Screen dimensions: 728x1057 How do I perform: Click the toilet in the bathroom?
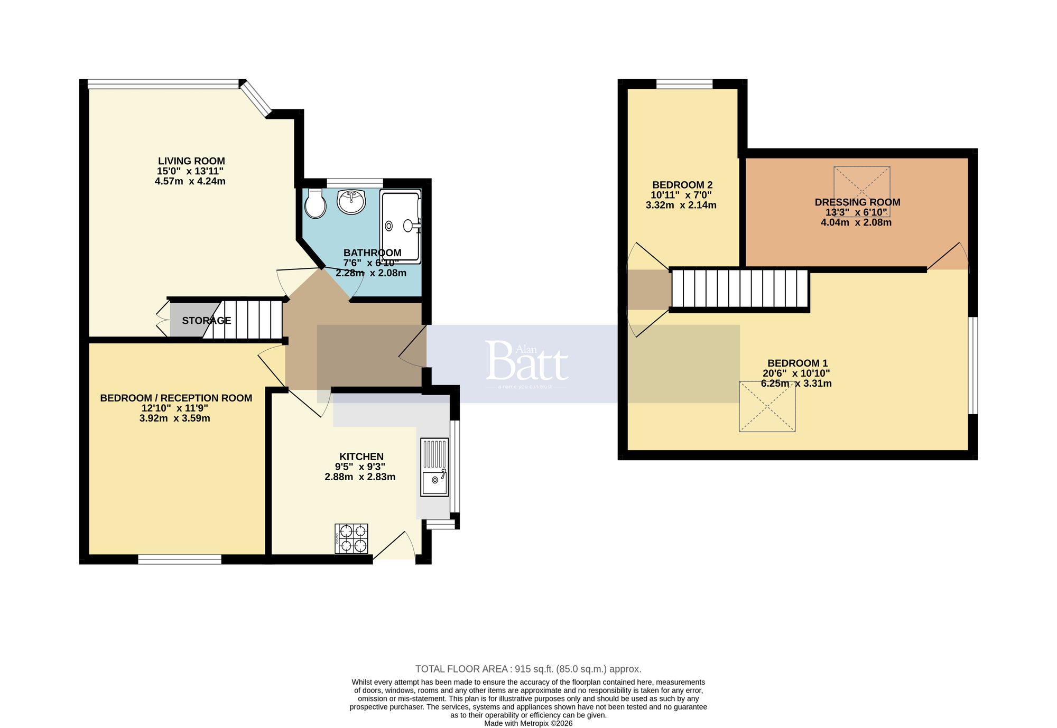(x=316, y=204)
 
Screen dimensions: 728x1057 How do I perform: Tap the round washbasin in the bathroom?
(x=351, y=201)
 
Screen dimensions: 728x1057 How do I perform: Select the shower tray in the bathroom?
(x=401, y=226)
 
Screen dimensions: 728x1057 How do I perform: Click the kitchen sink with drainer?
(x=434, y=467)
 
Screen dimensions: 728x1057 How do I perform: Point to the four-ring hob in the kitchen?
(x=351, y=538)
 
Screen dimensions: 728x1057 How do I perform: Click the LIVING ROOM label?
(x=191, y=161)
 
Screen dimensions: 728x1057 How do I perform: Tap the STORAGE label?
(x=206, y=321)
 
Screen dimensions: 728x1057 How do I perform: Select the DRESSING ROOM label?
(x=857, y=202)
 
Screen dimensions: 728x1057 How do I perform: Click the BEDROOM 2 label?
(x=682, y=185)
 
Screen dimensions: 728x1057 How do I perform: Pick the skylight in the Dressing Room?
(x=862, y=191)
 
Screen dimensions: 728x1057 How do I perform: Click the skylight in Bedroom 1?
(x=767, y=406)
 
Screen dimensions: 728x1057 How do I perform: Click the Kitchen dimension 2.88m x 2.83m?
(x=360, y=477)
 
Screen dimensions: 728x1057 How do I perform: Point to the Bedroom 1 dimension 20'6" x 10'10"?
(x=796, y=374)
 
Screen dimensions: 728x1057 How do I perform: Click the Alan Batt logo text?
(x=526, y=362)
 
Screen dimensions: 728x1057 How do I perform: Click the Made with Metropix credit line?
(x=528, y=723)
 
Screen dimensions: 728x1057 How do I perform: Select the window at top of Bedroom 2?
(x=684, y=83)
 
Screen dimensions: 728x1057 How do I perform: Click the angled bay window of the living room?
(x=257, y=98)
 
